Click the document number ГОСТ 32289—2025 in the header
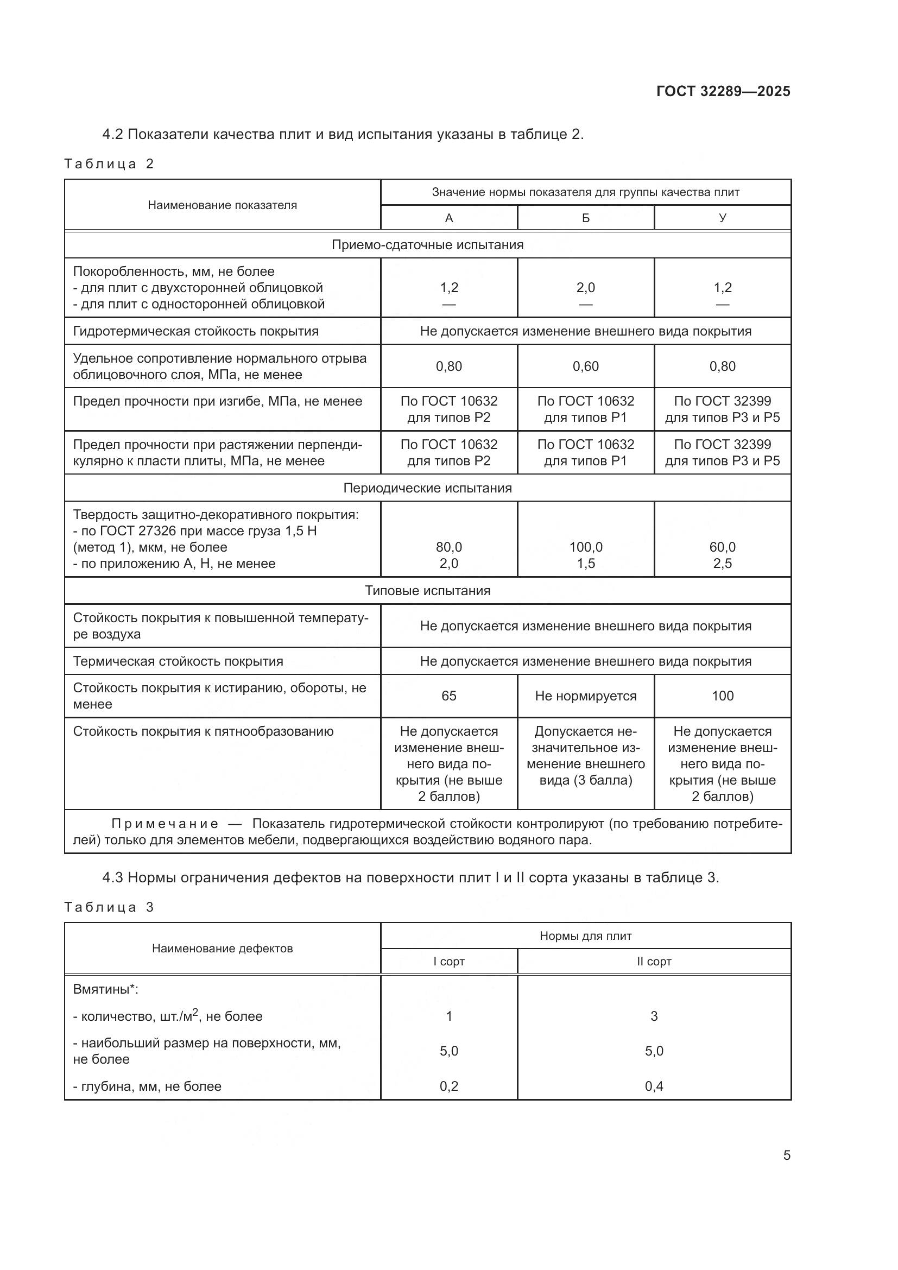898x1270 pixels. click(x=723, y=91)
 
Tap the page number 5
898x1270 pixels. click(x=786, y=1155)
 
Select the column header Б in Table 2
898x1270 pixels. click(x=586, y=218)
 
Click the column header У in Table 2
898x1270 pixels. click(x=722, y=218)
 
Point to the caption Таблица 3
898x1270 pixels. click(x=109, y=907)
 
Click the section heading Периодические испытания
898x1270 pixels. click(x=427, y=488)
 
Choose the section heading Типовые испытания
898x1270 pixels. click(x=427, y=591)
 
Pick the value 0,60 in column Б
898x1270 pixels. click(x=586, y=366)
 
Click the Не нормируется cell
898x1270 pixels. click(x=586, y=696)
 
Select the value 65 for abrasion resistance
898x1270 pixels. click(x=448, y=696)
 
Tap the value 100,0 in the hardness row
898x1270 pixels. click(x=586, y=547)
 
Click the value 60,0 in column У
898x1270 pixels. click(x=722, y=547)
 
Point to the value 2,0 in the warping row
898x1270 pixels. click(x=586, y=288)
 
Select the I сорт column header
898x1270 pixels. click(x=448, y=962)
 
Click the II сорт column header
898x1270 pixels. click(x=654, y=962)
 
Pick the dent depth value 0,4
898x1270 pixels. click(x=654, y=1086)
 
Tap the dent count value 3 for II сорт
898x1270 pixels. click(x=654, y=1016)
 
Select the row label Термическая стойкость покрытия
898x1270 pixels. click(x=178, y=661)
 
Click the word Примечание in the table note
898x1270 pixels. click(x=165, y=824)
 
